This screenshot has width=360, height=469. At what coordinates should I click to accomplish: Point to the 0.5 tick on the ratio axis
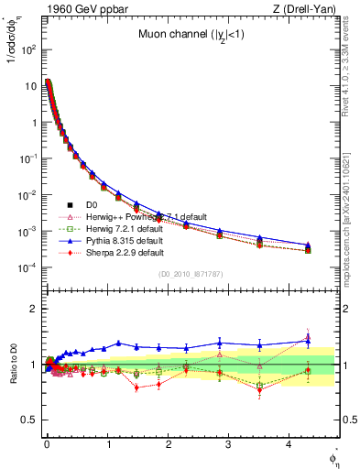click(27, 420)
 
